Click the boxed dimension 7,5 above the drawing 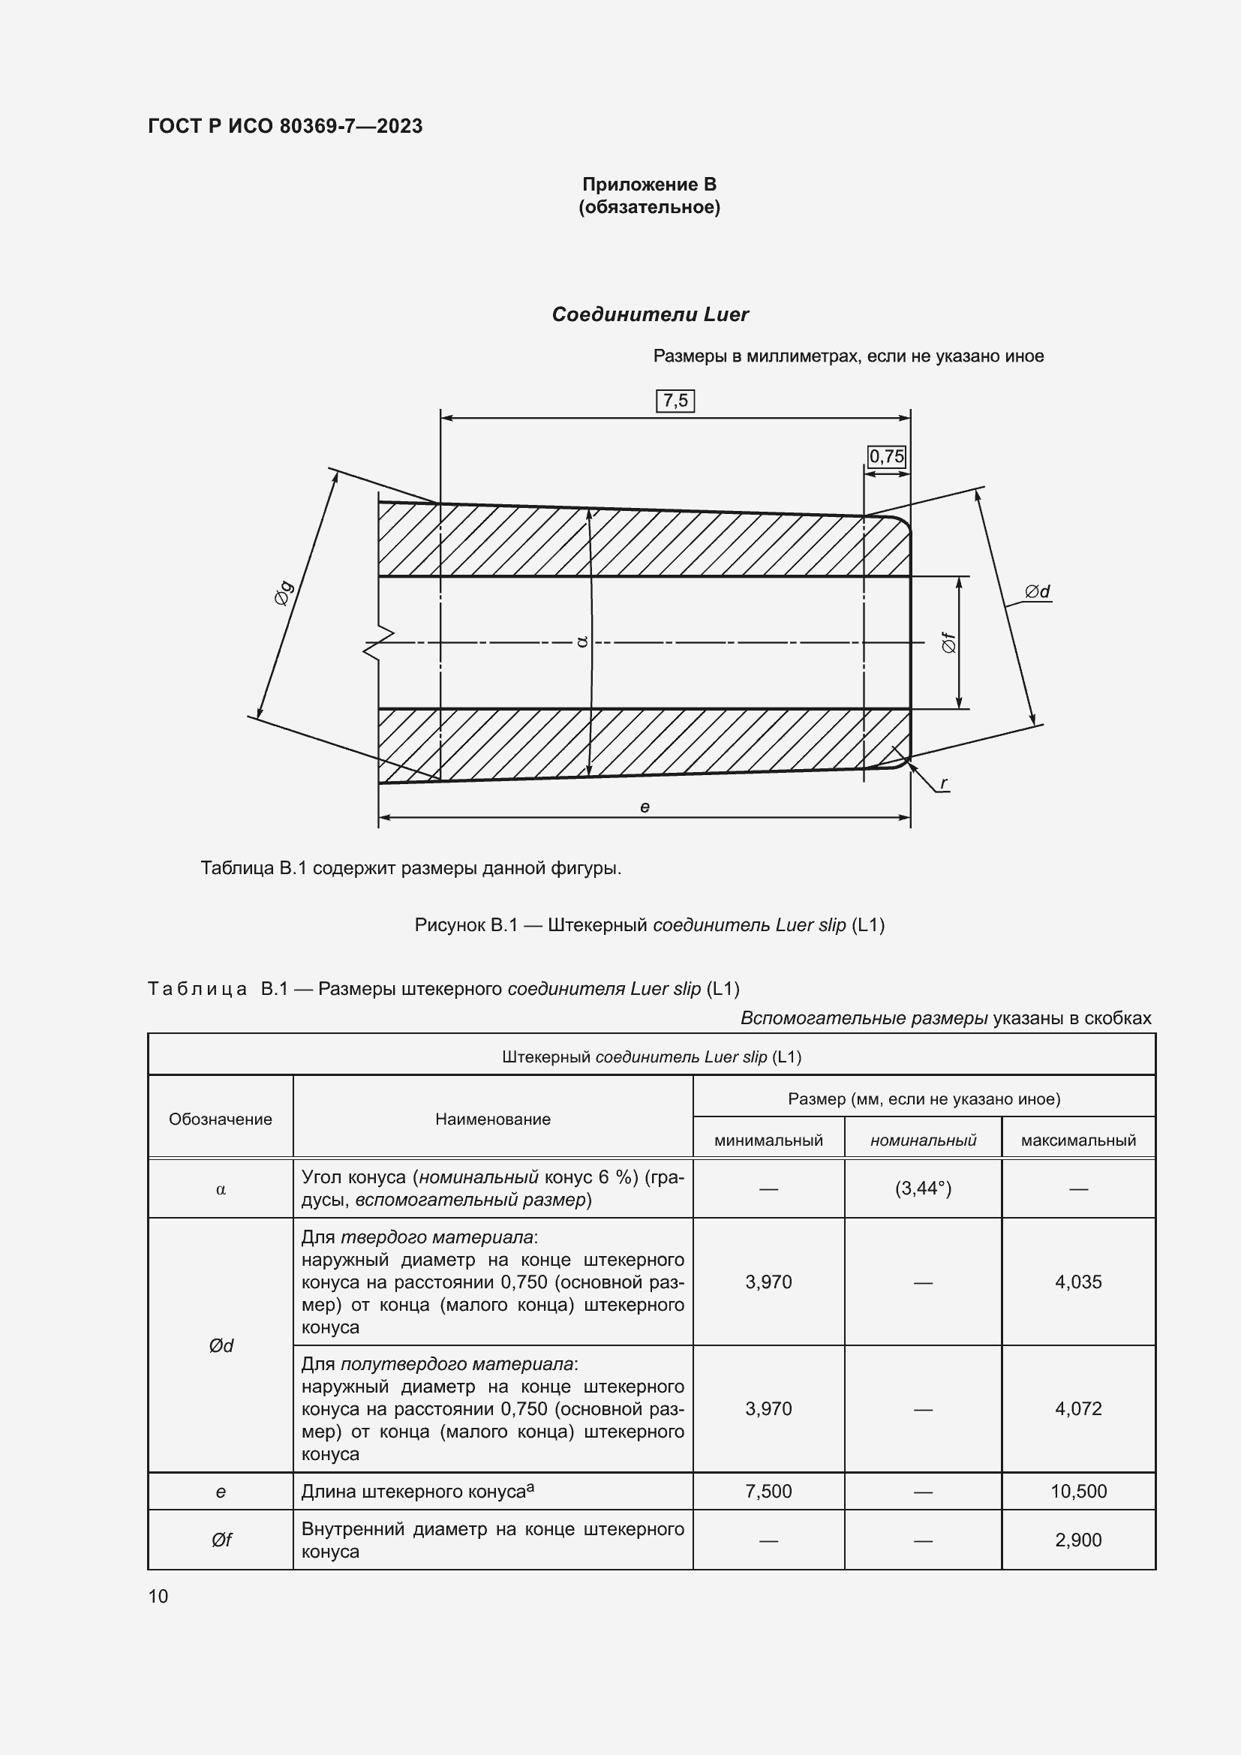coord(675,401)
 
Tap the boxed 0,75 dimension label coord(886,456)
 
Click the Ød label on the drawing coord(1037,591)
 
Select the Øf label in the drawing coord(948,642)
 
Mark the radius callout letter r coord(944,783)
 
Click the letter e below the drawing coord(645,807)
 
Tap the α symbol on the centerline coord(581,642)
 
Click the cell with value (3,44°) coord(922,1189)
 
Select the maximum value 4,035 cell coord(1077,1282)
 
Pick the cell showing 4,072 coord(1077,1409)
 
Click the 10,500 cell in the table coord(1077,1492)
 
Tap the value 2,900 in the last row coord(1077,1540)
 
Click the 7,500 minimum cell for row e coord(768,1492)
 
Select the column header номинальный coord(922,1140)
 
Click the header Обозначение coord(220,1119)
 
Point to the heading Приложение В coord(649,185)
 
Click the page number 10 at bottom coord(158,1596)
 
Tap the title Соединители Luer coord(650,314)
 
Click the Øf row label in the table coord(221,1540)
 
